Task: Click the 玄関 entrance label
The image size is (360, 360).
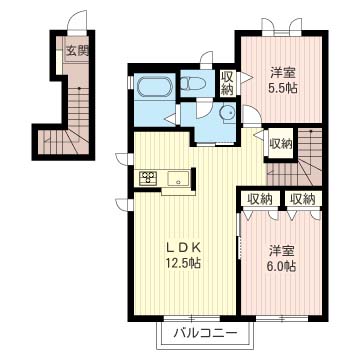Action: tap(77, 51)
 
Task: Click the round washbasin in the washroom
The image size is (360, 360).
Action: tap(226, 113)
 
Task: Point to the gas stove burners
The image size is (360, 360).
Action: tap(147, 177)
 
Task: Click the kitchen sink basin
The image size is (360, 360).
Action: tap(178, 178)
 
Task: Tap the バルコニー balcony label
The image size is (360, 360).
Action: tap(206, 333)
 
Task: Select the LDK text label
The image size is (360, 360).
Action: tap(184, 247)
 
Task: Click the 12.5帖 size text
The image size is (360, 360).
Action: tap(184, 263)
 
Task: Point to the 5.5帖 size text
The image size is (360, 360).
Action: tap(282, 88)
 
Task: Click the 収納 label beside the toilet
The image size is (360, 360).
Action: tap(227, 84)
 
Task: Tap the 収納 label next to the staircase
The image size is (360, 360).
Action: tap(281, 144)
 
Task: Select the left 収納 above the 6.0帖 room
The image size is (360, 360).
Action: tap(260, 199)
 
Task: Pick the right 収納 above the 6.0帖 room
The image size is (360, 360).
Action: tap(303, 199)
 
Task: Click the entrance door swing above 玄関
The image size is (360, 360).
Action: tap(78, 21)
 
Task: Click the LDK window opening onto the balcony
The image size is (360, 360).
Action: tap(192, 318)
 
